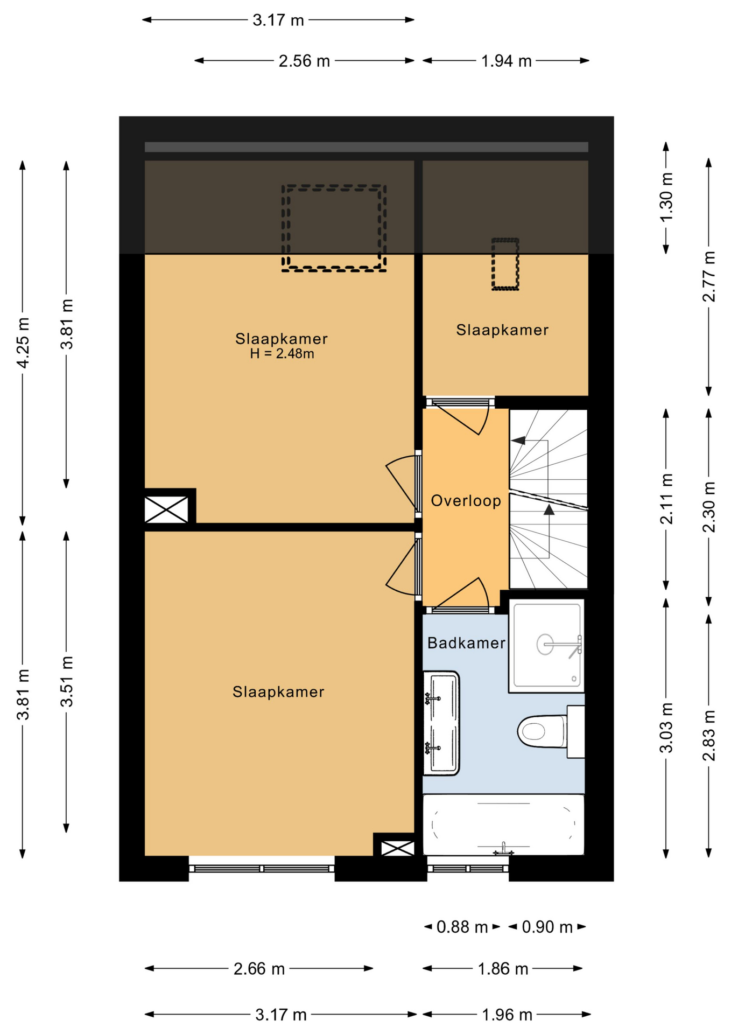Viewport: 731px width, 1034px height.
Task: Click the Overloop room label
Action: [466, 501]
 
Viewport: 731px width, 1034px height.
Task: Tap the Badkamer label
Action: [466, 642]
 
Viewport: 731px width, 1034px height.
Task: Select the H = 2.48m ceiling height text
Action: [282, 354]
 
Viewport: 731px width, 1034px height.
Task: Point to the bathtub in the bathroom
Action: [503, 825]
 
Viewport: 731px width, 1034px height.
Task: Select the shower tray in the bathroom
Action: [546, 645]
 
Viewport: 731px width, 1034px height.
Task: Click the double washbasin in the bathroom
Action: [441, 723]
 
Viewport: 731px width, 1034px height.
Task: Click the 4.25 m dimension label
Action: [23, 343]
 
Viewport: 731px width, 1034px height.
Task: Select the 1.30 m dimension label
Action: [666, 197]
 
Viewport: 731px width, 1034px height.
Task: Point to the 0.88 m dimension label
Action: [462, 927]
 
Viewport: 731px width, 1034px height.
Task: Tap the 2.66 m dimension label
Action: [259, 969]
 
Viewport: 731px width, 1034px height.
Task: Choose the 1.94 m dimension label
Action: [506, 61]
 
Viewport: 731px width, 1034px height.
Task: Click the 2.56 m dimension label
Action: [304, 61]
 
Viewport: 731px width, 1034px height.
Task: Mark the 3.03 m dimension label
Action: [666, 728]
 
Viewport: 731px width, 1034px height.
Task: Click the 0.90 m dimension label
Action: [547, 927]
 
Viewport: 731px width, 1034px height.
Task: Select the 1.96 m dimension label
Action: [507, 1015]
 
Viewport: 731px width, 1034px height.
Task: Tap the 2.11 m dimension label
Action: [666, 499]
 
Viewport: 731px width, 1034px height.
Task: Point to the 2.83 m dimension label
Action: [709, 736]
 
